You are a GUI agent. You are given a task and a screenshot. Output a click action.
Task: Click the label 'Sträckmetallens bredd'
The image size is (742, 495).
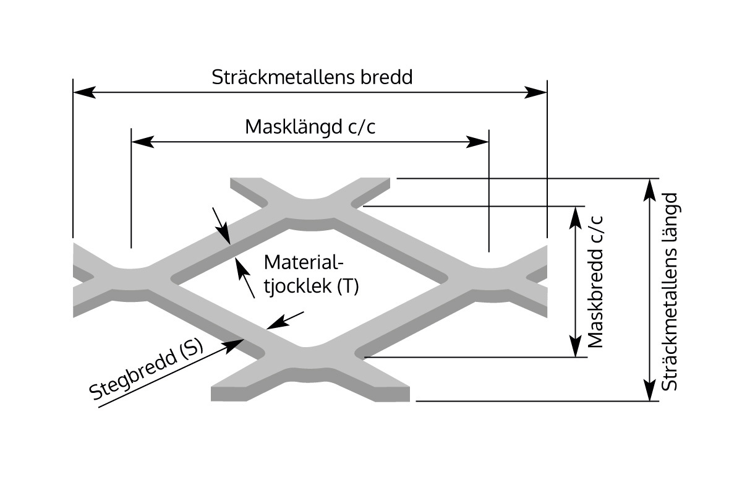click(312, 77)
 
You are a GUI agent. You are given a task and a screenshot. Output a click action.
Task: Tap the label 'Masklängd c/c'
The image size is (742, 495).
click(310, 127)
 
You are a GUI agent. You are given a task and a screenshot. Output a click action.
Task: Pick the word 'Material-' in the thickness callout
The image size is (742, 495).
click(303, 262)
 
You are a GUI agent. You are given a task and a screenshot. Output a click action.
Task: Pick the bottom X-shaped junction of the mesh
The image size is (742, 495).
click(309, 359)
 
